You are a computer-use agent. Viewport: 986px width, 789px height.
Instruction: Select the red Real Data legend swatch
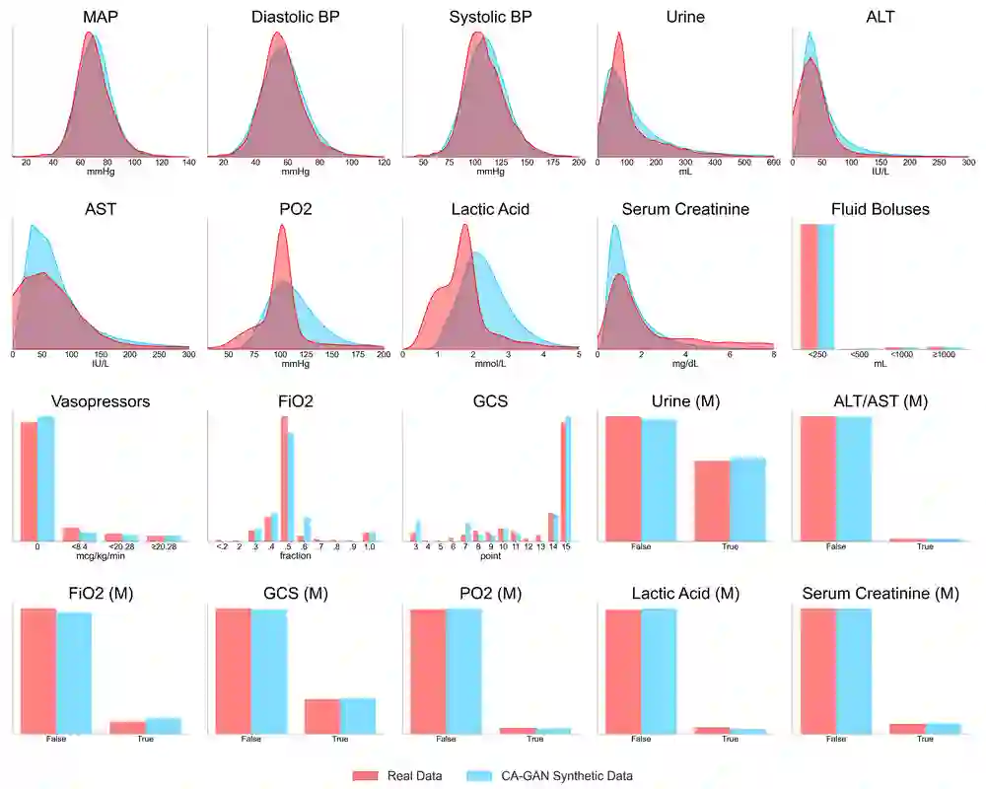coord(366,775)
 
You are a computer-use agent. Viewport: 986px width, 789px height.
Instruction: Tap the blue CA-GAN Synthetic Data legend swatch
coord(478,775)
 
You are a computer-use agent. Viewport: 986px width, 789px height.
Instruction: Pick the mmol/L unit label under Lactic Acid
coord(490,364)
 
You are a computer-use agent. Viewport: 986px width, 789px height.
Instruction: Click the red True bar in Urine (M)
coord(712,501)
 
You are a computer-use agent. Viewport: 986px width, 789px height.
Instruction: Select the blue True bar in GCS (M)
coord(358,716)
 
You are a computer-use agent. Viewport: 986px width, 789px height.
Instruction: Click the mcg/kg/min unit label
coord(99,556)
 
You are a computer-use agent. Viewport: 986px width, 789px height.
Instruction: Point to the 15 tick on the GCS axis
coord(566,546)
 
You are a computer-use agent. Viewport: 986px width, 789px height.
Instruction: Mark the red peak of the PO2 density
coord(282,229)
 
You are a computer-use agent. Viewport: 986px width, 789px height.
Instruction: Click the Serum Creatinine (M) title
coord(880,594)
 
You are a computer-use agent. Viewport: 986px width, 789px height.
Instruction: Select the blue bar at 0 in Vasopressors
coord(45,479)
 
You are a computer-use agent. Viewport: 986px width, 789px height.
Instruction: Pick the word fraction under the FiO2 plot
coord(295,556)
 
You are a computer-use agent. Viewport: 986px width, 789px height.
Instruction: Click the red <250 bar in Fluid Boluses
coord(810,286)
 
